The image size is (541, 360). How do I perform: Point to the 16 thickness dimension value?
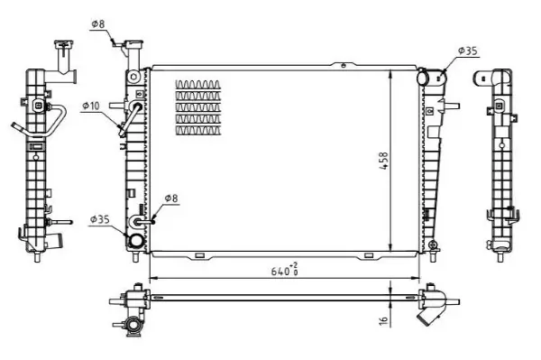(383, 319)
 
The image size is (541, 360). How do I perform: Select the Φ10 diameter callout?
(90, 106)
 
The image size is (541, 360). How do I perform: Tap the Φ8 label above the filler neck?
(98, 23)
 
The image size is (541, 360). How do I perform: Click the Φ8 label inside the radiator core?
(170, 199)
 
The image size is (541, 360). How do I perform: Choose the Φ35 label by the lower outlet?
(99, 219)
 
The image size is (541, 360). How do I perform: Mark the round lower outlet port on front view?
(135, 241)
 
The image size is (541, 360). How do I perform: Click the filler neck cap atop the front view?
(136, 45)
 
